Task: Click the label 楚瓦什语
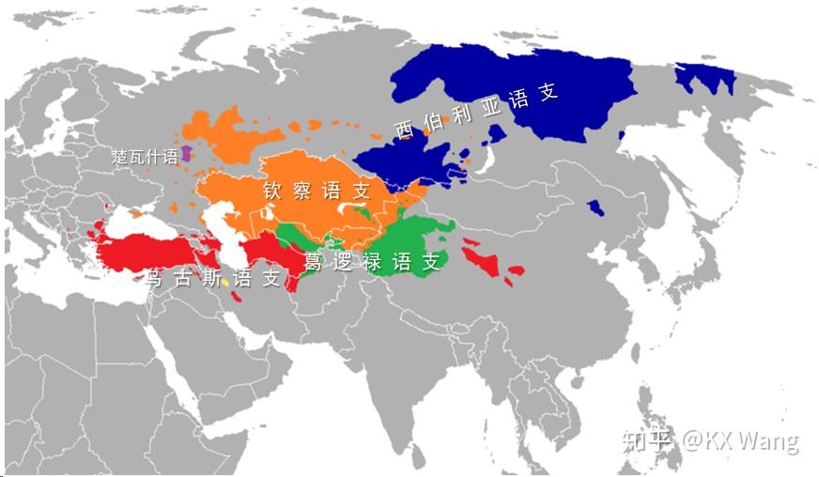tap(145, 157)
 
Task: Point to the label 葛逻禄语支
tap(372, 262)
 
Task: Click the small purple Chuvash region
tap(187, 153)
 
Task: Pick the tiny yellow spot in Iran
tap(225, 283)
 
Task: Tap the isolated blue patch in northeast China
tap(595, 207)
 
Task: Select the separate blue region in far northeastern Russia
tap(706, 79)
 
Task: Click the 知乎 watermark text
tap(648, 439)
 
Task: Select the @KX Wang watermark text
tap(740, 439)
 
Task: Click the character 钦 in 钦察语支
tap(273, 190)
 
